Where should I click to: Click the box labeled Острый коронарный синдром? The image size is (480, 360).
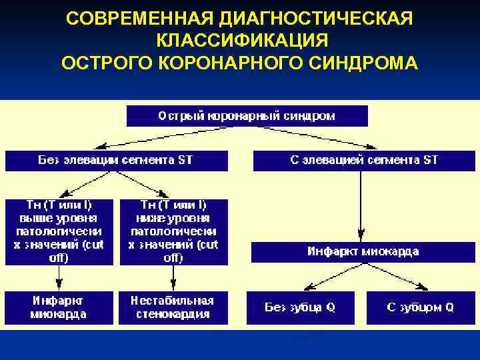click(x=247, y=116)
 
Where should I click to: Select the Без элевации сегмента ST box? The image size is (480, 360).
click(x=117, y=161)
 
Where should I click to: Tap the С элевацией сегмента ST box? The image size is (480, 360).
click(x=363, y=161)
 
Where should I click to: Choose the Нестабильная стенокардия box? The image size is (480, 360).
click(x=173, y=308)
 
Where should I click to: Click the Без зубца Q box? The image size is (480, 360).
click(x=300, y=308)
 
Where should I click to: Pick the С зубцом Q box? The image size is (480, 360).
click(x=420, y=308)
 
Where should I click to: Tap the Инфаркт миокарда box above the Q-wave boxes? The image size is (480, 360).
click(x=363, y=252)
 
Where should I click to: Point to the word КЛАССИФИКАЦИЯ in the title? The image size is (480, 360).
click(x=242, y=41)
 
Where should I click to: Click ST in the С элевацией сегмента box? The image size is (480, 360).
click(x=431, y=161)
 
